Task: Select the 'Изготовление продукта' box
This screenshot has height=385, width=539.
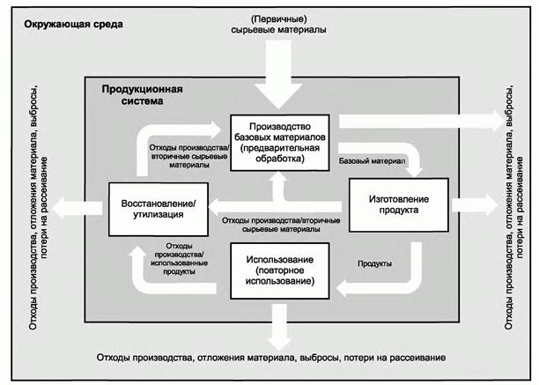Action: click(x=398, y=205)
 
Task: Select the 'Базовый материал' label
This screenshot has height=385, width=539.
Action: click(x=371, y=162)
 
